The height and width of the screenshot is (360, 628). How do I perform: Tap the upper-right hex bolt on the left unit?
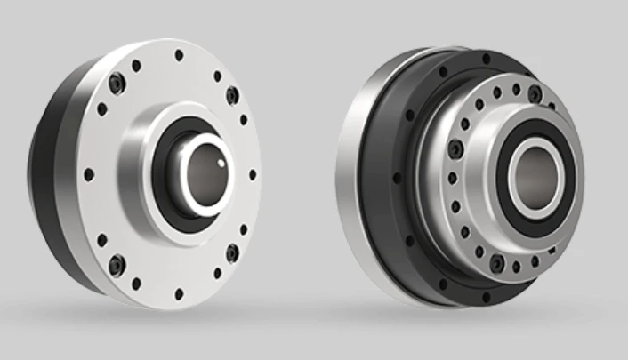tap(232, 93)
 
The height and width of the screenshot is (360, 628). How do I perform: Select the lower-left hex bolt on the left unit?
tap(115, 262)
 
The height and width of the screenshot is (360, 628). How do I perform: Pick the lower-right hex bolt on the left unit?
tap(232, 252)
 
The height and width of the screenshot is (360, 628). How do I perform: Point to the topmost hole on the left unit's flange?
tap(180, 55)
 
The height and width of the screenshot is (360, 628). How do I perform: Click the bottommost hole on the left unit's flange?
tap(179, 293)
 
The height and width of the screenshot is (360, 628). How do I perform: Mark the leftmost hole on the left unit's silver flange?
tap(88, 174)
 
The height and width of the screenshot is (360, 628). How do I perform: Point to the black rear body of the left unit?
tap(49, 178)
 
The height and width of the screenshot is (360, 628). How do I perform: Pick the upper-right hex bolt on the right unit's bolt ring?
tap(535, 94)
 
